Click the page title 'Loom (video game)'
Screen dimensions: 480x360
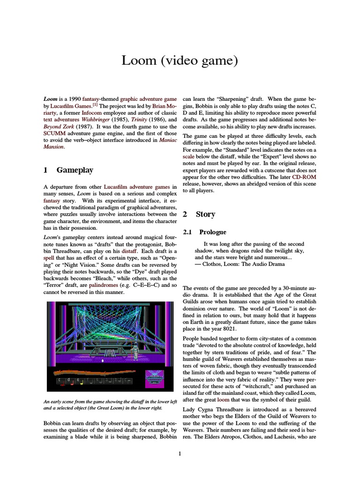click(180, 60)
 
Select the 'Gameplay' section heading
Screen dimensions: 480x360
click(75, 170)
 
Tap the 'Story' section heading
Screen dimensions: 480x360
click(205, 214)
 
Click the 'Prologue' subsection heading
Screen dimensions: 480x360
click(212, 232)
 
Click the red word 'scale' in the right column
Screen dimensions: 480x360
click(188, 165)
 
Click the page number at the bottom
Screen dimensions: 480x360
click(180, 453)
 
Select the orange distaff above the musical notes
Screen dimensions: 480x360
click(94, 373)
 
